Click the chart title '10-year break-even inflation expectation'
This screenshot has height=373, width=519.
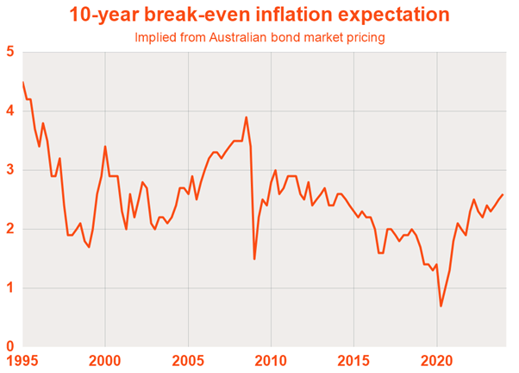click(259, 15)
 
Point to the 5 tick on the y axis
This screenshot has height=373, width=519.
click(10, 52)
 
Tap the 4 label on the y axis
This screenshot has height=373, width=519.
click(10, 111)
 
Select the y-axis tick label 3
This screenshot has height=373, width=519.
click(10, 170)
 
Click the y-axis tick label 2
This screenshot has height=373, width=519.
click(10, 230)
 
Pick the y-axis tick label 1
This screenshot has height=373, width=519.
click(10, 288)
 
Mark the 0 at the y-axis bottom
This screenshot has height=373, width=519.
click(10, 346)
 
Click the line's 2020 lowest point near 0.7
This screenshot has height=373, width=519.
click(441, 306)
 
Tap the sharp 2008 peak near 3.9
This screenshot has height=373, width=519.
click(247, 117)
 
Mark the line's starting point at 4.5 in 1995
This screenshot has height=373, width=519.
click(22, 82)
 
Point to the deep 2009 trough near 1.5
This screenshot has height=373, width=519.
click(254, 258)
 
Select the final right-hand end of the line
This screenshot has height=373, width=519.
click(503, 194)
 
